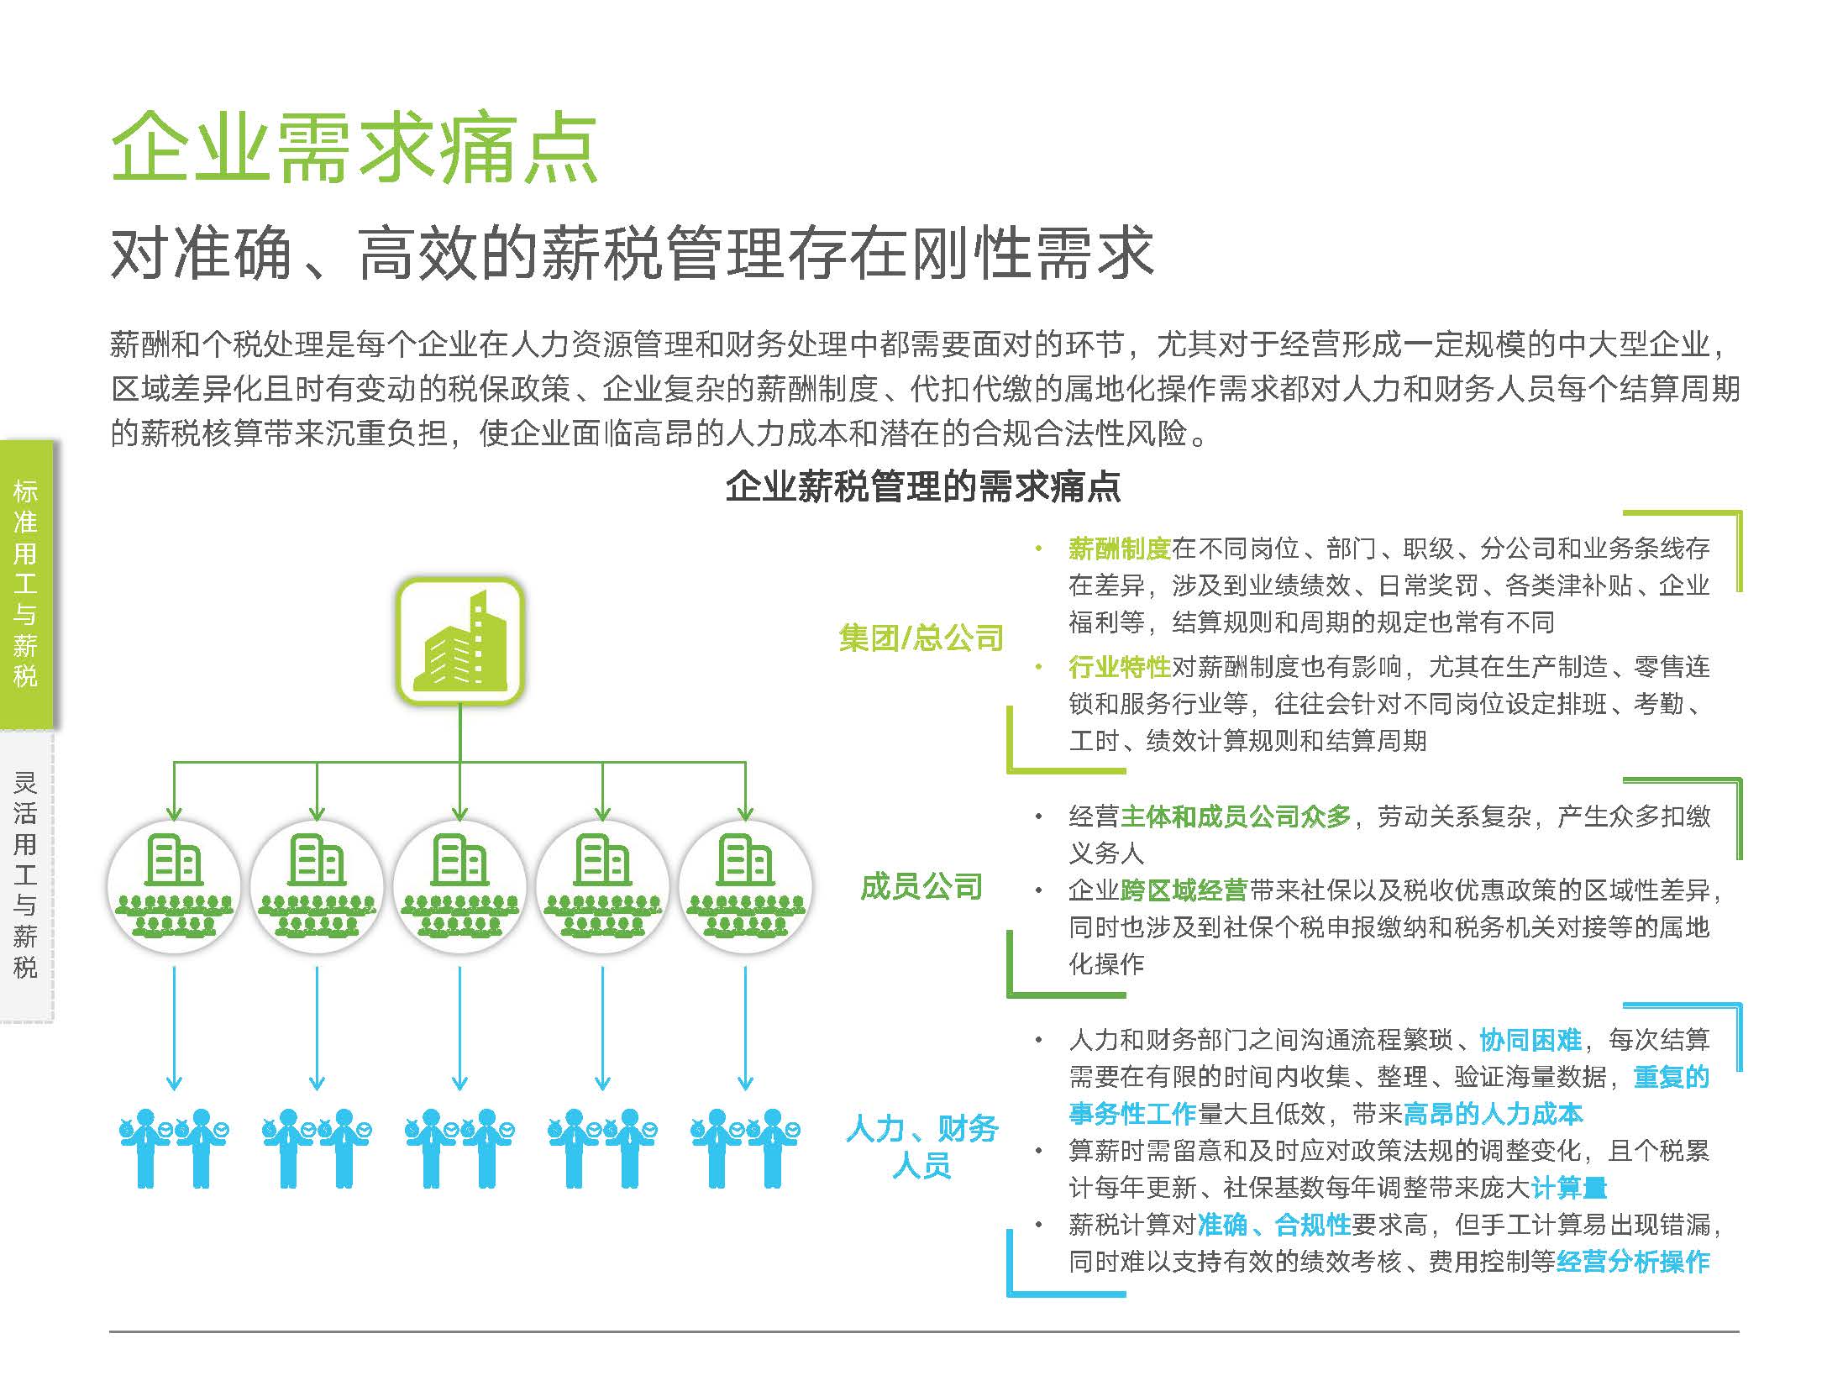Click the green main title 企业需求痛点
point(354,149)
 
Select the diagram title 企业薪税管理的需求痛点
point(923,486)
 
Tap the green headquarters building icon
point(460,640)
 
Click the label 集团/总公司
point(921,638)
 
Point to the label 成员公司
point(921,887)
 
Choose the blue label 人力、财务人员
point(921,1147)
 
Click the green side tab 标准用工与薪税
point(26,585)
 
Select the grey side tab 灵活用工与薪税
point(26,876)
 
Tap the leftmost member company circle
point(174,886)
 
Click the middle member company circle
point(459,886)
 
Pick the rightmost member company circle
point(745,886)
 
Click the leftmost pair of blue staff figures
point(174,1148)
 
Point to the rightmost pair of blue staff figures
point(745,1148)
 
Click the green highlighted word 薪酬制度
point(1120,549)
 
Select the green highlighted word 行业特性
point(1120,667)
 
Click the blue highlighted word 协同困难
point(1530,1040)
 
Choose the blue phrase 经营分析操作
point(1633,1262)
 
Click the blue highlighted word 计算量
point(1569,1188)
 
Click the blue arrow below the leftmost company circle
point(174,1028)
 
